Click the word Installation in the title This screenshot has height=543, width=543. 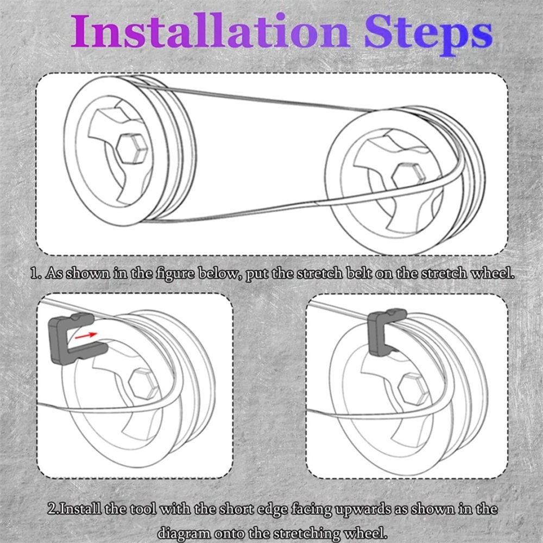point(210,30)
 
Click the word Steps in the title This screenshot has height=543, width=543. point(428,35)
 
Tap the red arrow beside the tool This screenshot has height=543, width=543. point(86,335)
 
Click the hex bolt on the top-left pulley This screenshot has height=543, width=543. point(132,148)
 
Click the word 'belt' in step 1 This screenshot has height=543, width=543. point(359,273)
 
